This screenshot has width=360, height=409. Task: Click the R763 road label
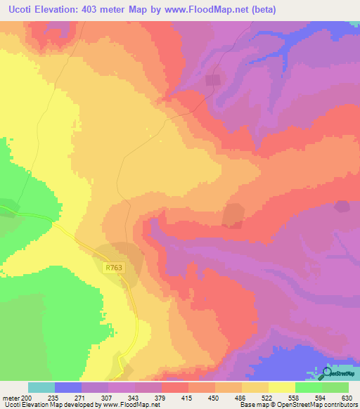click(114, 268)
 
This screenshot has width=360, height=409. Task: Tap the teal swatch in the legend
click(41, 387)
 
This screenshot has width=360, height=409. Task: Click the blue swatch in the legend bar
click(68, 387)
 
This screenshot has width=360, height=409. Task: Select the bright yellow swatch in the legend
click(282, 387)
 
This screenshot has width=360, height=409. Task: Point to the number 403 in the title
click(94, 10)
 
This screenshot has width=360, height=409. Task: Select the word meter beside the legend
click(12, 398)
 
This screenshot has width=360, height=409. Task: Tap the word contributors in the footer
click(340, 405)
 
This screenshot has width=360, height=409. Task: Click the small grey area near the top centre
click(212, 81)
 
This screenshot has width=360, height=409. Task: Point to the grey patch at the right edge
click(342, 207)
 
